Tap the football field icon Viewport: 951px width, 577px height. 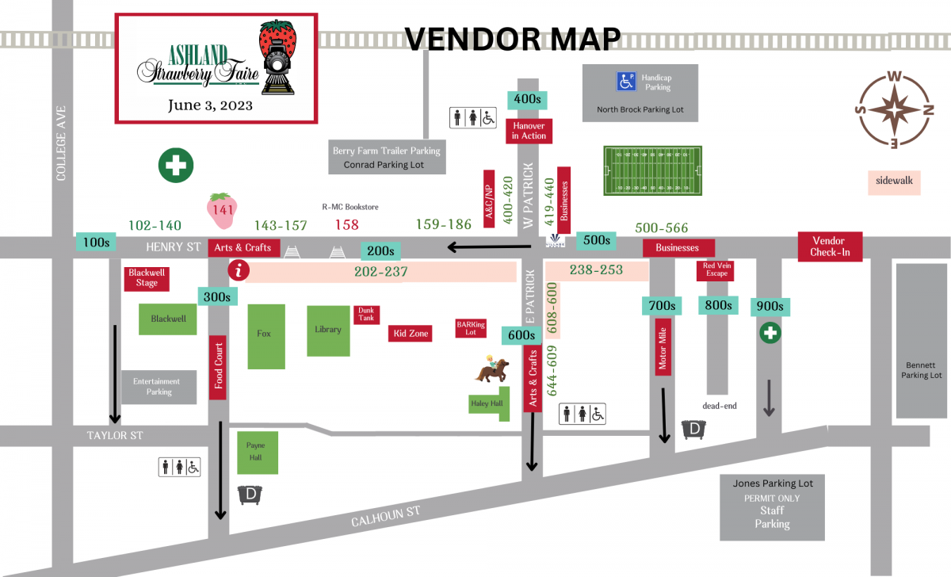pyautogui.click(x=652, y=170)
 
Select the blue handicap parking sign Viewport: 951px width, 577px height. pyautogui.click(x=626, y=81)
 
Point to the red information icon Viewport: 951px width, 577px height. pyautogui.click(x=239, y=270)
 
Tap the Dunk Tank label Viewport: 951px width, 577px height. pyautogui.click(x=365, y=315)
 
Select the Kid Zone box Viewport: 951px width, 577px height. pyautogui.click(x=411, y=334)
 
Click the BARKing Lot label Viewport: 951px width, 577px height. pyautogui.click(x=471, y=328)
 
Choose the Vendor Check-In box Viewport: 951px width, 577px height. pyautogui.click(x=829, y=246)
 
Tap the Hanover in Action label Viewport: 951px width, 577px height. pyautogui.click(x=529, y=131)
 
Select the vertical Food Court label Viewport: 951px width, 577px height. pyautogui.click(x=218, y=368)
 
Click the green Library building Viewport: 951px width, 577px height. pyautogui.click(x=328, y=330)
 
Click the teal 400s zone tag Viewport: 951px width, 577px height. pyautogui.click(x=527, y=99)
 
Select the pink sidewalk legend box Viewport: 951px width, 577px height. pyautogui.click(x=894, y=181)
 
